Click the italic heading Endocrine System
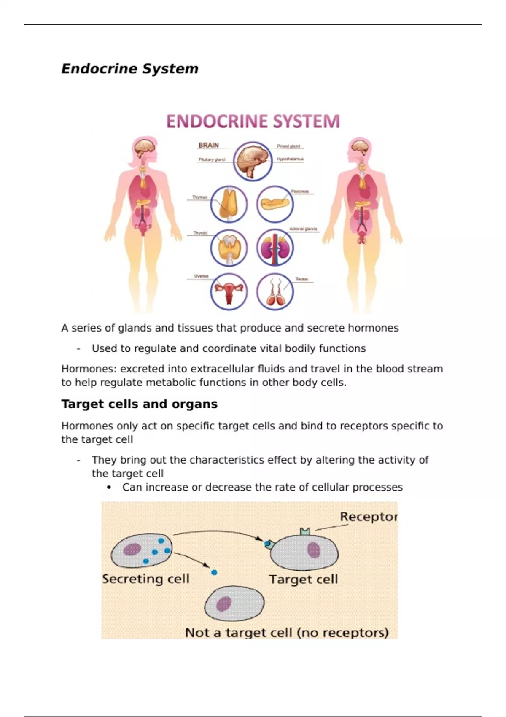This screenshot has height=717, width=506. point(130,69)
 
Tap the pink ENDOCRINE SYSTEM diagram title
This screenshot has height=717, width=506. point(253,121)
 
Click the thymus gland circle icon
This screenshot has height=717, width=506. point(229,204)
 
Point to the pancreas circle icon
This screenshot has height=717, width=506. point(275,204)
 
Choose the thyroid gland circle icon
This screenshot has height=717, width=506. point(229,248)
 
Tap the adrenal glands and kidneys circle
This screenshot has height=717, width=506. point(275,248)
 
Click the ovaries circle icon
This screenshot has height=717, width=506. point(229,291)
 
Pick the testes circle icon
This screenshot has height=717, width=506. point(275,291)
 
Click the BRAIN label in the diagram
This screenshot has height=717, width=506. point(209,145)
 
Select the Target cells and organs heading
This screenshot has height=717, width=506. point(140,404)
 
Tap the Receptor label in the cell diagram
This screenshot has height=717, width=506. point(369,517)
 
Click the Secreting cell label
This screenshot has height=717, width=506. point(145,579)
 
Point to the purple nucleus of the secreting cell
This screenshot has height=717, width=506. point(132,549)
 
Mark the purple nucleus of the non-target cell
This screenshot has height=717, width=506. point(224,604)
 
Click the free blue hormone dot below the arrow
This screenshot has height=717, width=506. point(214,572)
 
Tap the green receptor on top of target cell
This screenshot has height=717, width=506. point(305,531)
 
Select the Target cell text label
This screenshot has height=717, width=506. point(304,580)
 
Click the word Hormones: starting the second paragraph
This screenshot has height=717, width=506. point(89,369)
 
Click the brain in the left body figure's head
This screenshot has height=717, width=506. point(144,147)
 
